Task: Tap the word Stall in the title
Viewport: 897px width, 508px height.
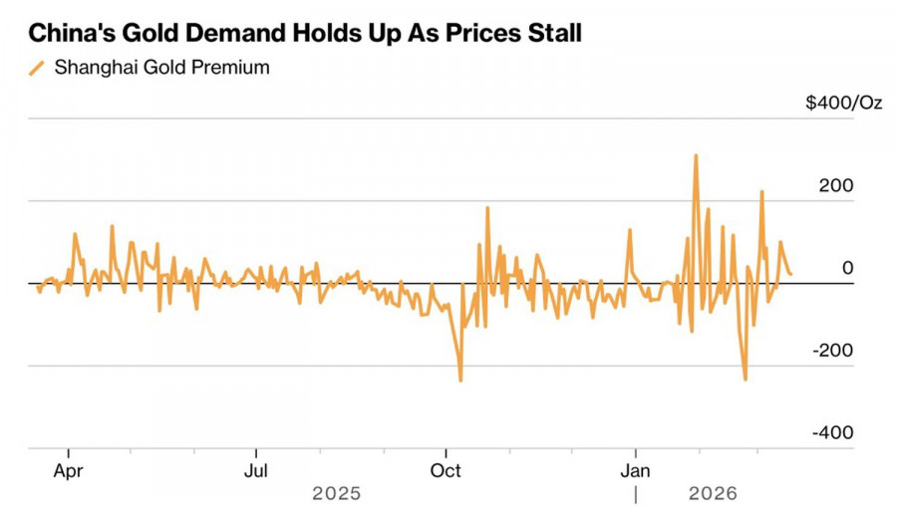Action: coord(549,34)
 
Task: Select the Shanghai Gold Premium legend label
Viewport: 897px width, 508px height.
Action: coord(162,68)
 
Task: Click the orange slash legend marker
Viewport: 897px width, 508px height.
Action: coord(37,68)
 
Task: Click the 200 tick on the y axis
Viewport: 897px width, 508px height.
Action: coord(837,185)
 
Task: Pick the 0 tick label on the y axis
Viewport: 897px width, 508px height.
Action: coord(847,268)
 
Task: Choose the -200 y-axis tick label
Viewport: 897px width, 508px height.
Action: coord(833,351)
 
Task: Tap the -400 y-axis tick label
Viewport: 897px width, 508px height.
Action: coord(833,432)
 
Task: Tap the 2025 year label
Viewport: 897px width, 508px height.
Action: coord(336,493)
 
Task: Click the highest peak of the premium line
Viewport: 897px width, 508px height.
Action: coord(696,155)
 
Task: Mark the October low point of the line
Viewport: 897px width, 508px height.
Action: coord(460,380)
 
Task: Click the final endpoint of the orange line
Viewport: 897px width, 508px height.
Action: coord(790,273)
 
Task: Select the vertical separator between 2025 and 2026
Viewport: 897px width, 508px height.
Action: coord(635,493)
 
